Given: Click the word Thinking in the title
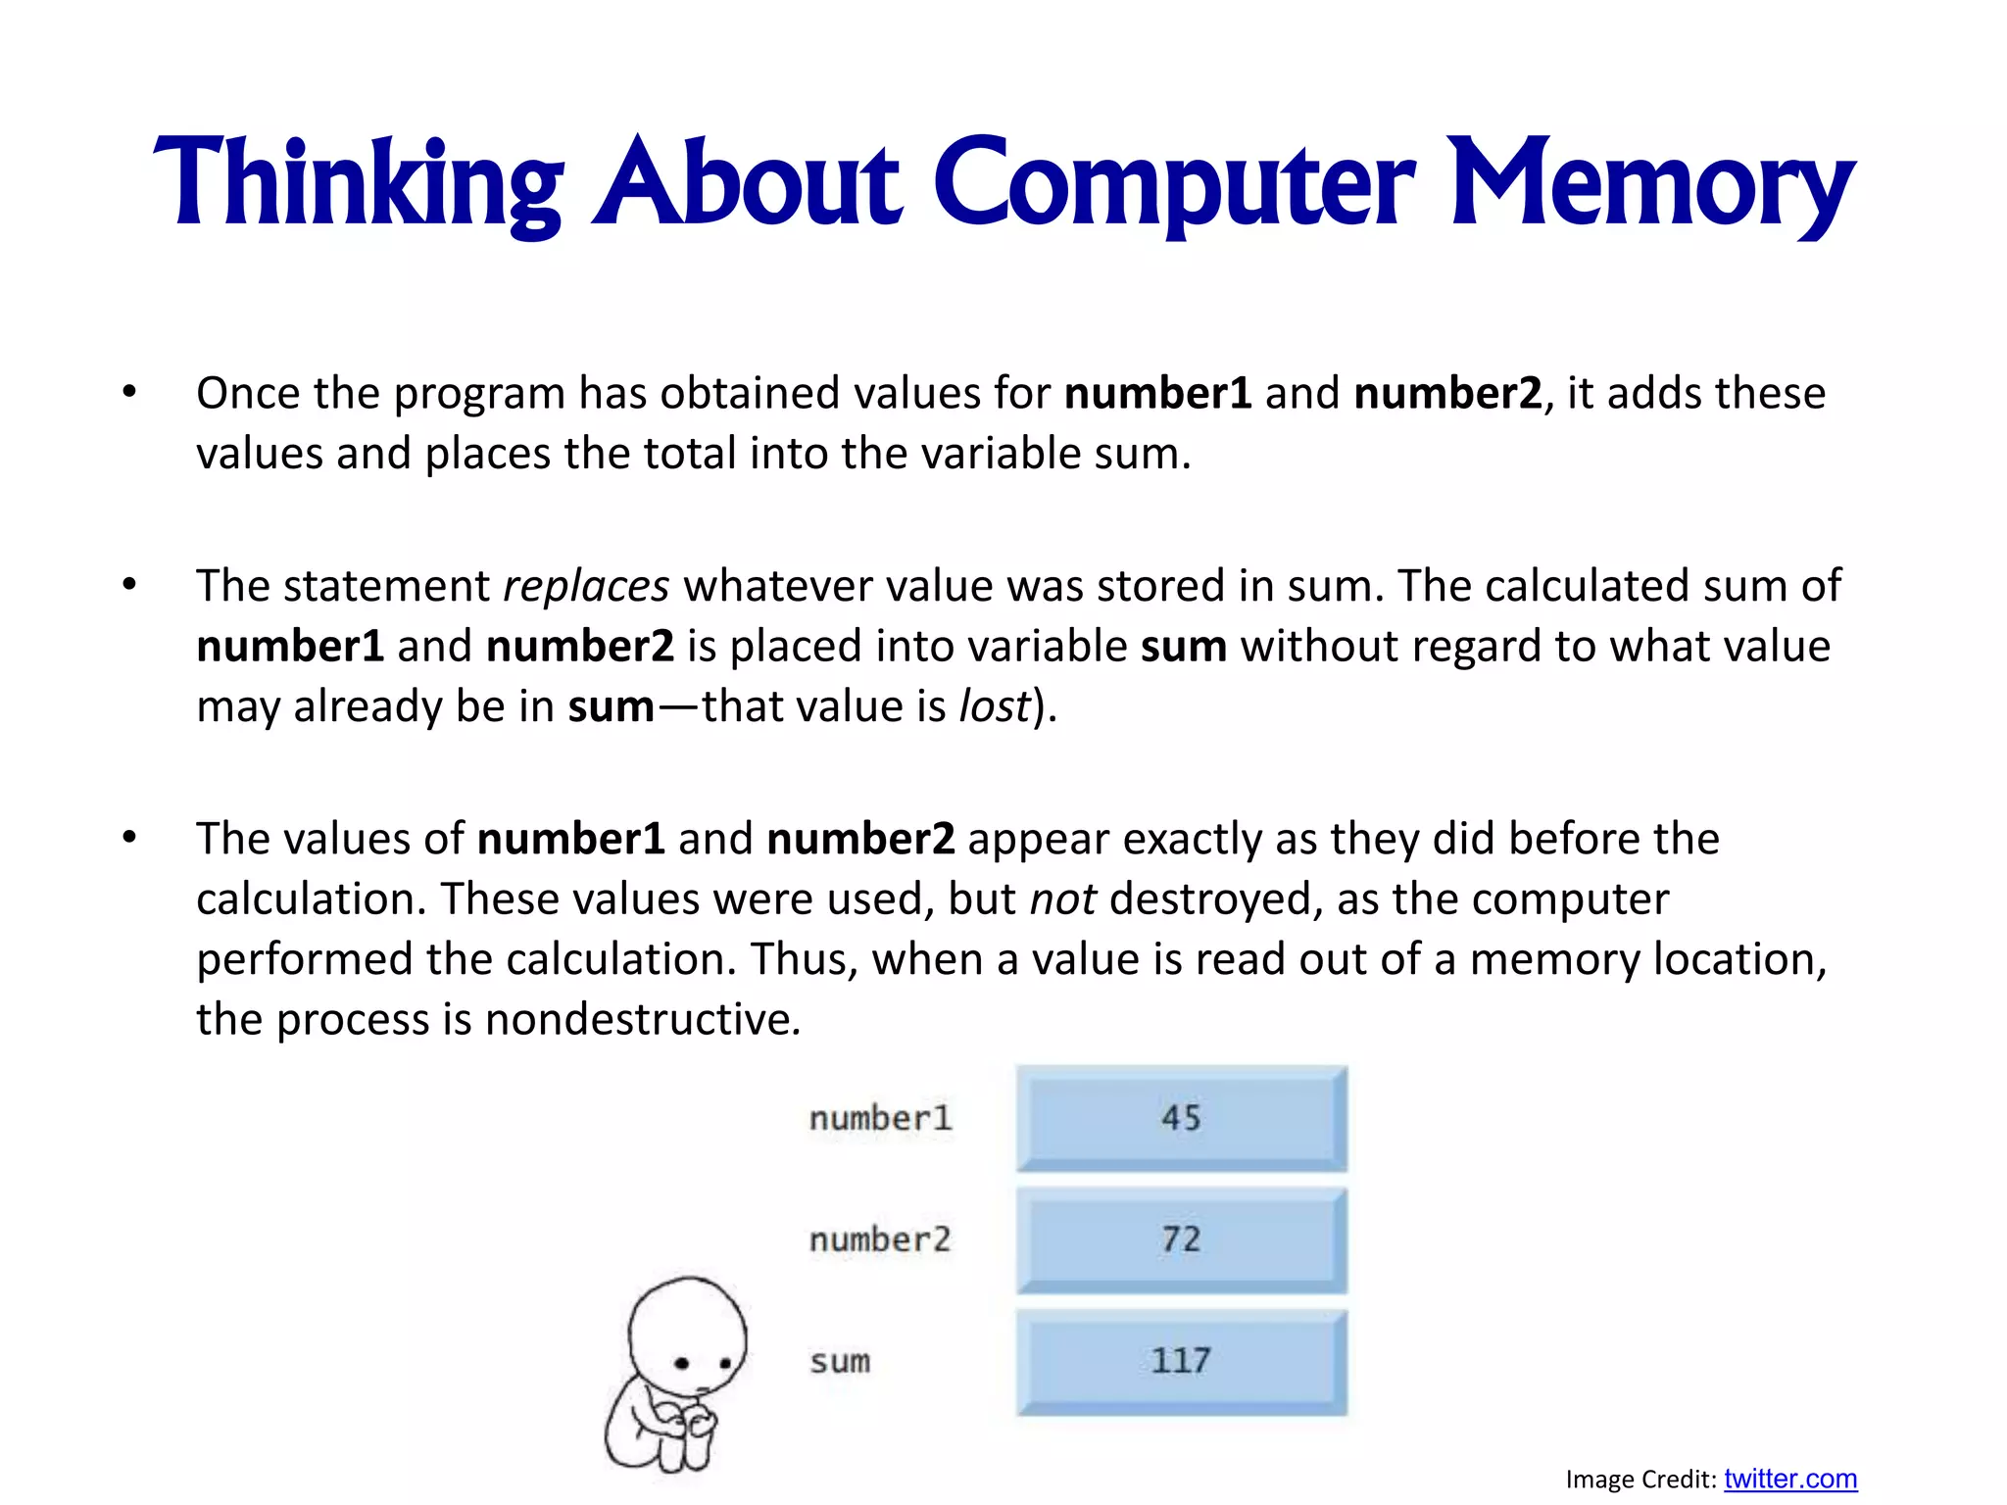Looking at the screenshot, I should (x=358, y=184).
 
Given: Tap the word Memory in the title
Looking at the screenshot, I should (x=1651, y=184).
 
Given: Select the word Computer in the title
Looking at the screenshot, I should (x=1174, y=184).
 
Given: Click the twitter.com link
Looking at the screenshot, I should (x=1790, y=1479).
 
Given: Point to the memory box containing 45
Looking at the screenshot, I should (x=1181, y=1118).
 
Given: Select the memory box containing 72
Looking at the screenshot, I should (x=1181, y=1239).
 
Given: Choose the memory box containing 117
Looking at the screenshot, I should (x=1181, y=1361).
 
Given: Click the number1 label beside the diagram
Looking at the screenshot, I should (x=880, y=1118).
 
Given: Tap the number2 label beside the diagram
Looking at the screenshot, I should (x=880, y=1239).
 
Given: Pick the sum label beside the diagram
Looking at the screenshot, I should (x=840, y=1361).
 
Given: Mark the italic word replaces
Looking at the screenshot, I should (x=586, y=586).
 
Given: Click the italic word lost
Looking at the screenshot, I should (x=995, y=706).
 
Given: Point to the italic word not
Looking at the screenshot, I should (x=1062, y=898).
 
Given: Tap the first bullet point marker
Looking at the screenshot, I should (x=129, y=392).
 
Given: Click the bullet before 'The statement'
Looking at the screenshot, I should (x=129, y=585).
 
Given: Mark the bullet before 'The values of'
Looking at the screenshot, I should (x=129, y=838).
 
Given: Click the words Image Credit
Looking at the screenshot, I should (x=1640, y=1480).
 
